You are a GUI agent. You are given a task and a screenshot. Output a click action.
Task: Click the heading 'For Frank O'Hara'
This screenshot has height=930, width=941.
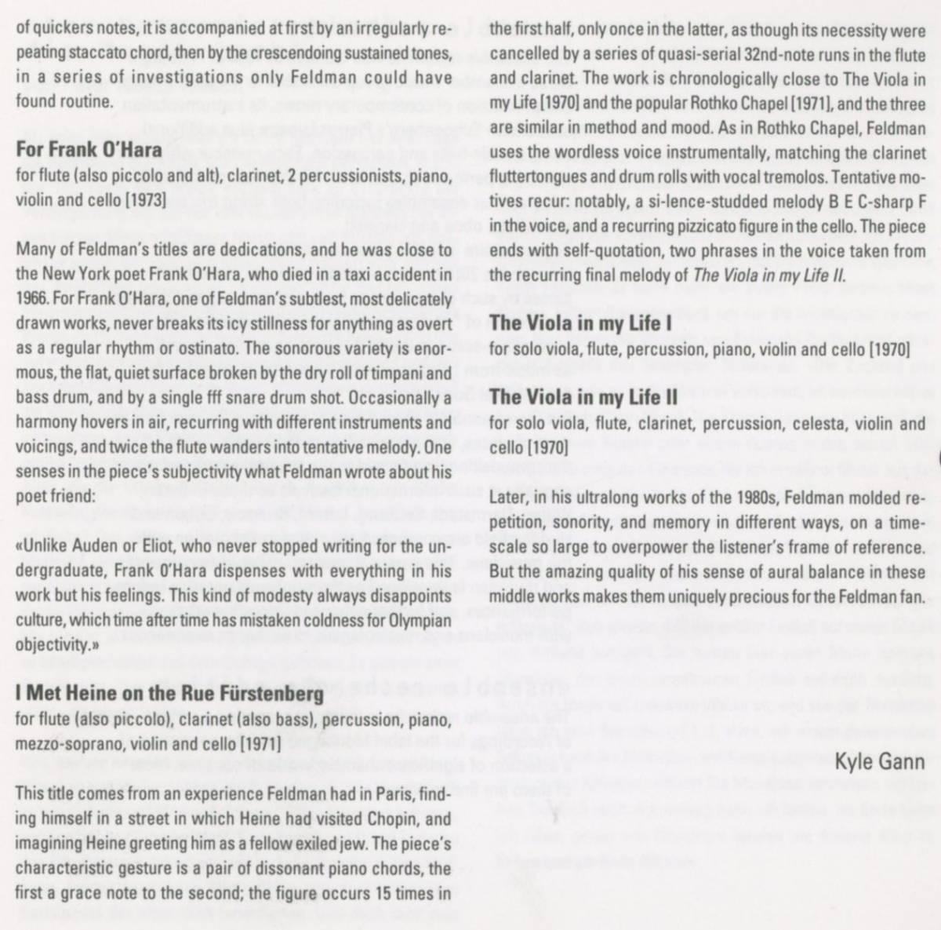(x=89, y=149)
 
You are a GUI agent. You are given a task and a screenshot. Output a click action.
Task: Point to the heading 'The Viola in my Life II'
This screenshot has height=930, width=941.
(x=583, y=397)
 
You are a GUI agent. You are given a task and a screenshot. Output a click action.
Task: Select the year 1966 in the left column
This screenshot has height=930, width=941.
(x=32, y=299)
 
